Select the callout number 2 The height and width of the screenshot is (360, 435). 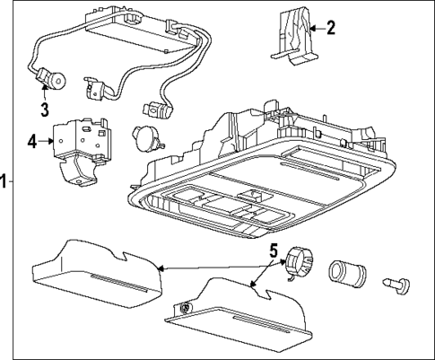(x=329, y=28)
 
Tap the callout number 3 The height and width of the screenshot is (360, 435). (x=43, y=110)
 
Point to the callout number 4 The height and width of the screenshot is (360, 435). (x=32, y=141)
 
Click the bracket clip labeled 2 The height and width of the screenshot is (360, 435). (x=293, y=38)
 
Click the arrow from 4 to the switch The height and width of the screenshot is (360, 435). (x=47, y=141)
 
